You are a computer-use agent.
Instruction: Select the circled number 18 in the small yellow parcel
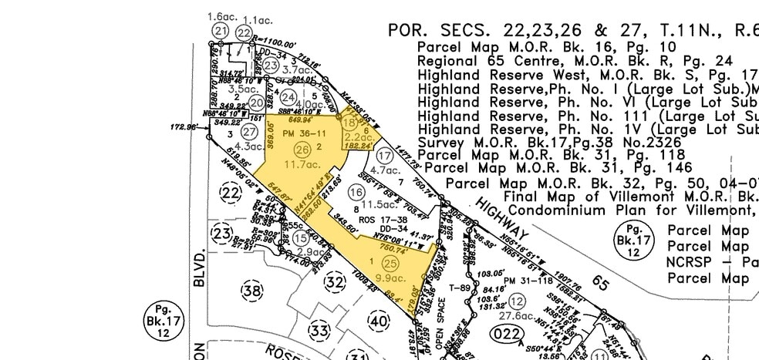(x=349, y=123)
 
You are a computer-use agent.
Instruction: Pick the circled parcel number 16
(x=356, y=191)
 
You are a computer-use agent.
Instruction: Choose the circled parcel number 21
(x=221, y=31)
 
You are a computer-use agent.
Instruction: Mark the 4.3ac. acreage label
(x=249, y=146)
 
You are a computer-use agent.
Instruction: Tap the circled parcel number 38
(x=252, y=291)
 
